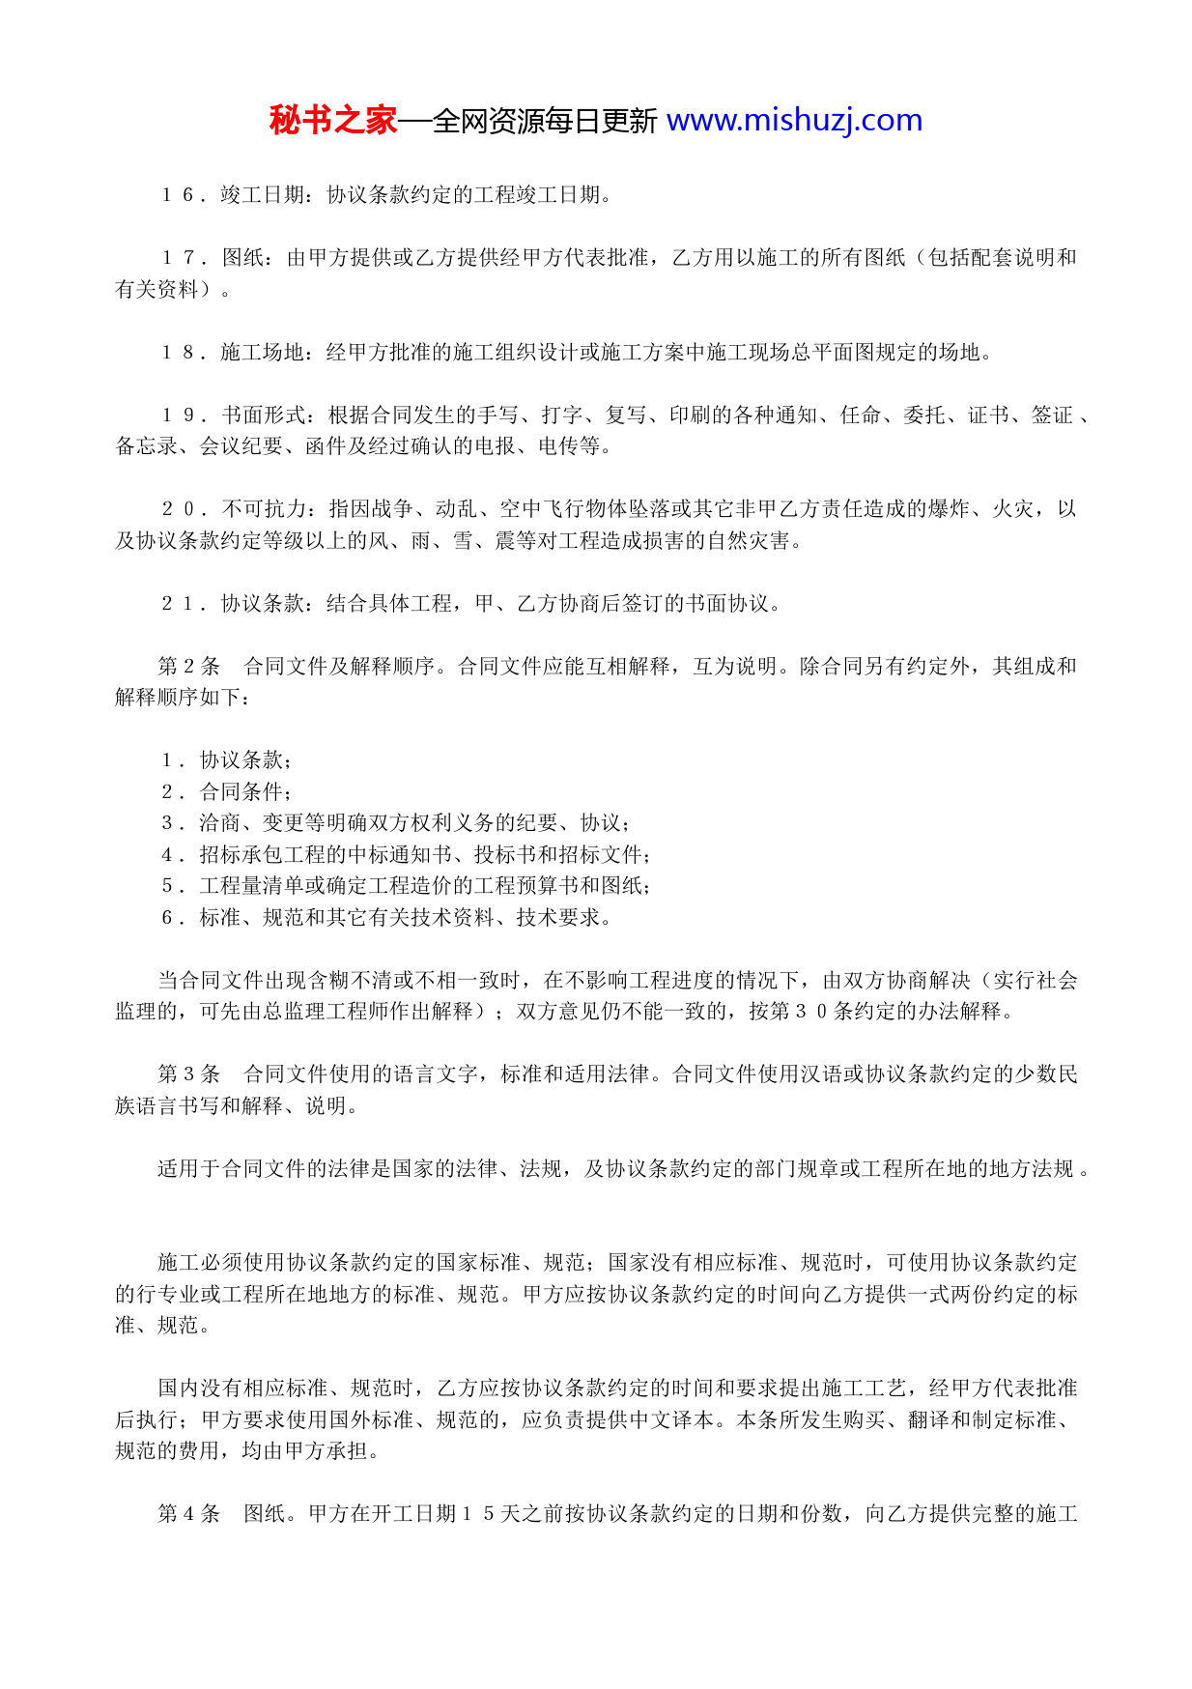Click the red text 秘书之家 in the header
coord(333,121)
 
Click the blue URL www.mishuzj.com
coord(794,121)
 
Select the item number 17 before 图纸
coord(180,258)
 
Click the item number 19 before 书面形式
coord(180,415)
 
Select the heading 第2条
coord(189,667)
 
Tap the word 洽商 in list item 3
coord(220,823)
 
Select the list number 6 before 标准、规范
coord(167,918)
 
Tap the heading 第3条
coord(189,1074)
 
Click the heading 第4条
coord(189,1514)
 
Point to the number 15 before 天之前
coord(478,1514)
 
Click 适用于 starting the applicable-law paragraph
coord(189,1169)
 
